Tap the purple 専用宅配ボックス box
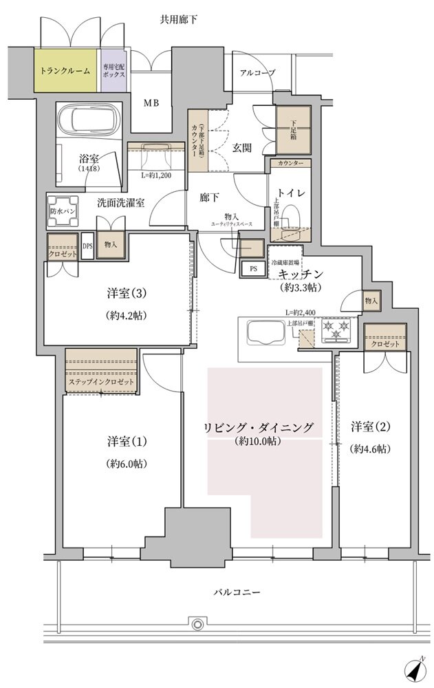(x=113, y=71)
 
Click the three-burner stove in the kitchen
(x=336, y=330)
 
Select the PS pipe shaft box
(x=253, y=268)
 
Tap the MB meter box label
(x=151, y=103)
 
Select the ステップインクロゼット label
(x=101, y=383)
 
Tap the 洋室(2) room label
(x=370, y=427)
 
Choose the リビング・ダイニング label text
(x=257, y=427)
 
